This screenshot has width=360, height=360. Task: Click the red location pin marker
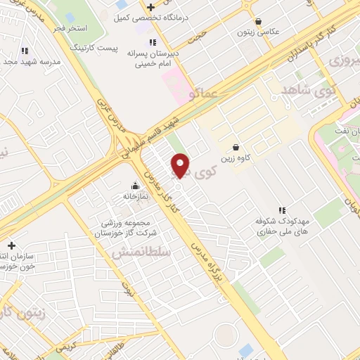181,165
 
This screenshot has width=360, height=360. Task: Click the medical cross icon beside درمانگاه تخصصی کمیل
150,7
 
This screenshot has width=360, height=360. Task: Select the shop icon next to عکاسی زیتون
259,22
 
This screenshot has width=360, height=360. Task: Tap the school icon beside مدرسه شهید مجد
25,51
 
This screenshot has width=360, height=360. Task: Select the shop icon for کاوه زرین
236,148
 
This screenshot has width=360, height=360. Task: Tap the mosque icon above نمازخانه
134,186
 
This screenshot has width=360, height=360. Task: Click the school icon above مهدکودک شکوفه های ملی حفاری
282,210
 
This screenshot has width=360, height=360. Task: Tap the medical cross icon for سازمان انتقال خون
11,245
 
